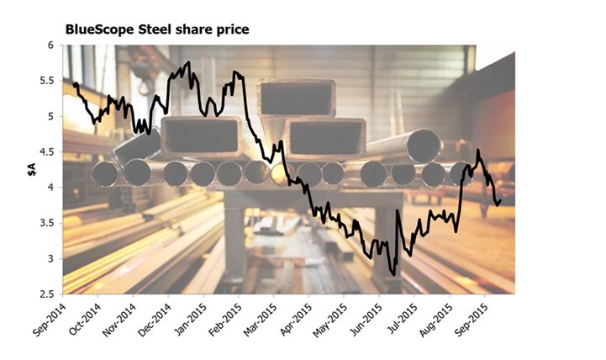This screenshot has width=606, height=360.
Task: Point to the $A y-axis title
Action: click(x=30, y=171)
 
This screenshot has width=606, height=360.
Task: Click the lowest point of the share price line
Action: click(x=393, y=274)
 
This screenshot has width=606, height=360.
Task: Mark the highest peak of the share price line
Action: click(x=187, y=62)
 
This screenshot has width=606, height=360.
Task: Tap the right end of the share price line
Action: click(x=501, y=199)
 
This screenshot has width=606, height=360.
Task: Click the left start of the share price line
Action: click(x=74, y=84)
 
